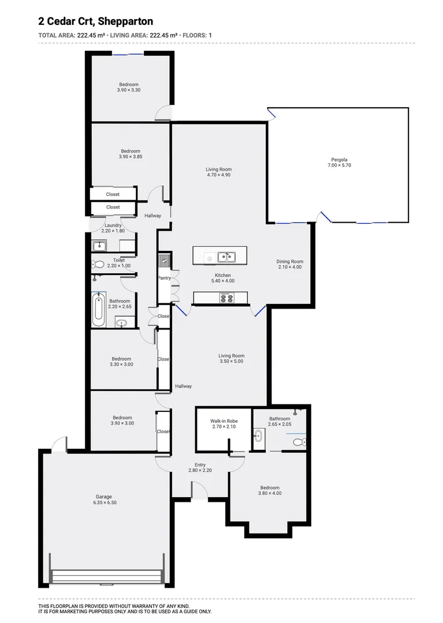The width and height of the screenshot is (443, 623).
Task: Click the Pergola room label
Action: click(x=339, y=160)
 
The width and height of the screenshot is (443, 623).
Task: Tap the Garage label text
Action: click(x=104, y=497)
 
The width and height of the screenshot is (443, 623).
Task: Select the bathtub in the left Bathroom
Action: click(x=98, y=310)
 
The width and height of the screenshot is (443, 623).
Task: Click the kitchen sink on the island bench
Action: click(x=226, y=256)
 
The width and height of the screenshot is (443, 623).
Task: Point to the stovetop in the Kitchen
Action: click(x=226, y=298)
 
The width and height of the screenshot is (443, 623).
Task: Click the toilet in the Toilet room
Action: click(x=98, y=265)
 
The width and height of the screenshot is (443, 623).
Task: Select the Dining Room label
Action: click(x=289, y=261)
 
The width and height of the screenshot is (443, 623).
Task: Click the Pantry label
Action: click(x=165, y=278)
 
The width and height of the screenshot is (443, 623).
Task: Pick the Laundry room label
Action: click(x=113, y=225)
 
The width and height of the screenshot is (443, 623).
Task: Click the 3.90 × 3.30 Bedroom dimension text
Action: click(x=129, y=90)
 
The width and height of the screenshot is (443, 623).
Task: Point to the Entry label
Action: click(x=200, y=465)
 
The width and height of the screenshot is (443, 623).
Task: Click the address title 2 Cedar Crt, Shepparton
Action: click(x=95, y=21)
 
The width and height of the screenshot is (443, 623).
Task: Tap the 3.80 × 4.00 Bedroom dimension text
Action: click(x=270, y=493)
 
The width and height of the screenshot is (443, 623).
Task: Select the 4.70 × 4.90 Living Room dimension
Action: click(x=218, y=175)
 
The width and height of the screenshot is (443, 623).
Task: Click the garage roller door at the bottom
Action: click(x=106, y=576)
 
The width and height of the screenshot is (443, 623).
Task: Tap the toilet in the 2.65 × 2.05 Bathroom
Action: click(x=298, y=442)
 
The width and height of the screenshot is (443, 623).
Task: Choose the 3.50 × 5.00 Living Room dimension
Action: click(x=231, y=362)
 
